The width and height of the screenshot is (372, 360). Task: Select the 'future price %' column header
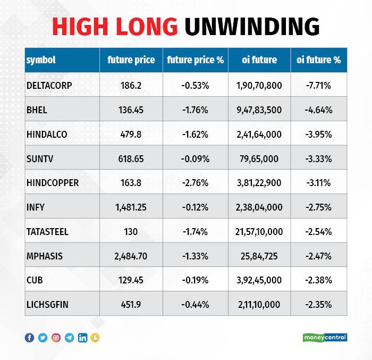click(x=195, y=60)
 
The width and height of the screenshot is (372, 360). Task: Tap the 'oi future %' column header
click(x=318, y=60)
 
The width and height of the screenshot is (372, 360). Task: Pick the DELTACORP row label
click(x=49, y=85)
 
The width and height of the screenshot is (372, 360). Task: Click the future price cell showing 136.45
click(x=131, y=110)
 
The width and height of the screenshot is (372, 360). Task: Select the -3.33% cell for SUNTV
click(x=318, y=158)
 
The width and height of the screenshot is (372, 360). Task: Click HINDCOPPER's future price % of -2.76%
click(x=195, y=183)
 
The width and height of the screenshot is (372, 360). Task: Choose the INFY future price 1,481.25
click(x=131, y=207)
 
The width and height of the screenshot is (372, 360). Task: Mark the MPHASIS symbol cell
click(x=45, y=256)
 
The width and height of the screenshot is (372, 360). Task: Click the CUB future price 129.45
click(x=131, y=280)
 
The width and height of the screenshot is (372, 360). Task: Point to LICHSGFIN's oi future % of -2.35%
click(x=318, y=305)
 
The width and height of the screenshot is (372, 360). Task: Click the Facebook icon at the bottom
click(x=29, y=338)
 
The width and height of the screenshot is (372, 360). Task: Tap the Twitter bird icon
click(x=43, y=338)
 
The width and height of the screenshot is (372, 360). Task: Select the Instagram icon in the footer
click(x=56, y=338)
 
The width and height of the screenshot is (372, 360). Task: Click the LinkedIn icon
click(x=82, y=338)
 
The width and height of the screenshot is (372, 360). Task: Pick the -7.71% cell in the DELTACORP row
click(x=318, y=85)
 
